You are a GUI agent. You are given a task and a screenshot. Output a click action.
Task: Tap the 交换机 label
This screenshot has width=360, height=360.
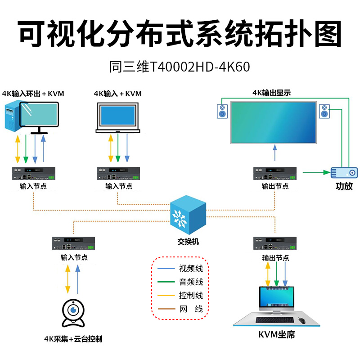coord(188,242)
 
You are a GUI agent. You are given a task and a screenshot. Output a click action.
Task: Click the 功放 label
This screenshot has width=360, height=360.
coord(344,186)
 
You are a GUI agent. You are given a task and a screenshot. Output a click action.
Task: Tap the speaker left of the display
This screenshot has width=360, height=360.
coord(222,111)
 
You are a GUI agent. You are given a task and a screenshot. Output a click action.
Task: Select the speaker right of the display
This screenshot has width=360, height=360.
coord(324,111)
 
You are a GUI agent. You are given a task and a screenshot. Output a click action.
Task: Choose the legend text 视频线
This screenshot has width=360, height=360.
coord(191,269)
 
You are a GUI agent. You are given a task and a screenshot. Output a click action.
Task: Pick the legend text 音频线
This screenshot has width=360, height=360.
coord(191,282)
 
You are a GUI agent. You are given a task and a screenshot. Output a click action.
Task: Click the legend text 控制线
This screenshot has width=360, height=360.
coord(191,296)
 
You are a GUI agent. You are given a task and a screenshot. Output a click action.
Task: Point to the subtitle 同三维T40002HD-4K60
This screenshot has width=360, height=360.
coord(180,67)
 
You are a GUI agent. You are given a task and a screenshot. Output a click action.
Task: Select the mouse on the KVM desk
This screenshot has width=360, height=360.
coord(301,321)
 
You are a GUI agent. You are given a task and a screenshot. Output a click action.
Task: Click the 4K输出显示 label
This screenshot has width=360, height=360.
coord(271,93)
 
